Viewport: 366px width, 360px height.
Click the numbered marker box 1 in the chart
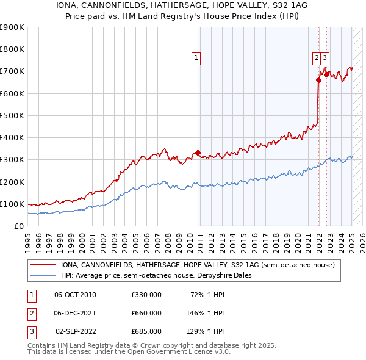click(x=196, y=59)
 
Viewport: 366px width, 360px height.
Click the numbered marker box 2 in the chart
click(x=317, y=59)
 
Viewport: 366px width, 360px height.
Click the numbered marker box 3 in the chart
click(x=326, y=59)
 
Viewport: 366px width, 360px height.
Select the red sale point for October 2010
click(x=198, y=153)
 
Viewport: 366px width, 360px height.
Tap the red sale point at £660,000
click(x=318, y=80)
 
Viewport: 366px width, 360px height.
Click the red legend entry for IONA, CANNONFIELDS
click(x=197, y=265)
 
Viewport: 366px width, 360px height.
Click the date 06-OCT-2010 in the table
click(x=75, y=295)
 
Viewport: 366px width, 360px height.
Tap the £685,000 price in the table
click(x=146, y=331)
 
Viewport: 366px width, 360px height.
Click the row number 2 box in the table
click(x=31, y=313)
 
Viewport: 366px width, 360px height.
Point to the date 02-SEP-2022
click(x=75, y=331)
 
